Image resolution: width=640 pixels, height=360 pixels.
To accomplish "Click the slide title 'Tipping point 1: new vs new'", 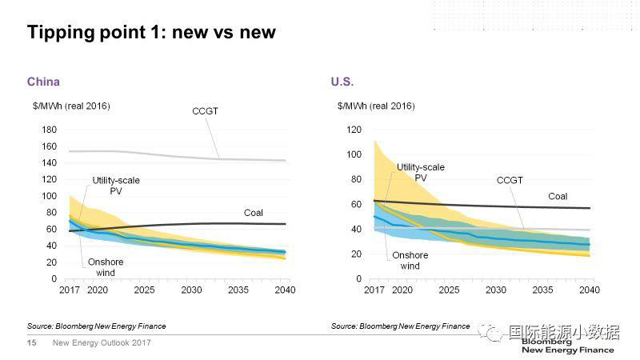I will [151, 32].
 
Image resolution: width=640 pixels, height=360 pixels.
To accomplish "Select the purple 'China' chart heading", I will [43, 82].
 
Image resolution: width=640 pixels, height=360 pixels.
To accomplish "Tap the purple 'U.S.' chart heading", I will [342, 82].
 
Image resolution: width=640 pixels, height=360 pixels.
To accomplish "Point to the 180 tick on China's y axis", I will [48, 130].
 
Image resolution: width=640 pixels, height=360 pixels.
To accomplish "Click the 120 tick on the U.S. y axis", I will [354, 130].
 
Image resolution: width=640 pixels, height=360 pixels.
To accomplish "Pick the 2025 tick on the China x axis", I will [145, 290].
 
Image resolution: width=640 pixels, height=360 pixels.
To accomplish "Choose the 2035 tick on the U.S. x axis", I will [542, 290].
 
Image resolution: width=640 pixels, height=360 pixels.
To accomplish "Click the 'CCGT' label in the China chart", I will [205, 111].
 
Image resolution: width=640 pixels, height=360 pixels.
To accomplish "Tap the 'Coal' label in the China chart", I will [254, 212].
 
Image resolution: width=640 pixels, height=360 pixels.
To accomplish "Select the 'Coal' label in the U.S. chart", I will [558, 196].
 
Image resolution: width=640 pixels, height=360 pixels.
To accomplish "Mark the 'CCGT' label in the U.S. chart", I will [510, 181].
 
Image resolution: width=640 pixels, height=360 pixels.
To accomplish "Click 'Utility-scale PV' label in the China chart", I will [116, 186].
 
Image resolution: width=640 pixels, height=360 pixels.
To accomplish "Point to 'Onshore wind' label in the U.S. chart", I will [410, 261].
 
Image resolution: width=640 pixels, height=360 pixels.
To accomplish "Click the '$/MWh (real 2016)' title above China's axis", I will [71, 106].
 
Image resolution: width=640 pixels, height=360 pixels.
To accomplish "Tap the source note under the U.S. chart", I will [401, 326].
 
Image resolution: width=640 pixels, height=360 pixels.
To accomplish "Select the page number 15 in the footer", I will [32, 343].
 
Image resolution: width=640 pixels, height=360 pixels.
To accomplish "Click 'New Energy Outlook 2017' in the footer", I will [102, 343].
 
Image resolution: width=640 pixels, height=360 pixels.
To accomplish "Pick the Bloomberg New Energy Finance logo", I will [567, 346].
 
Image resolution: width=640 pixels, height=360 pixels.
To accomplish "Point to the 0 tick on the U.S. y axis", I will [359, 278].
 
